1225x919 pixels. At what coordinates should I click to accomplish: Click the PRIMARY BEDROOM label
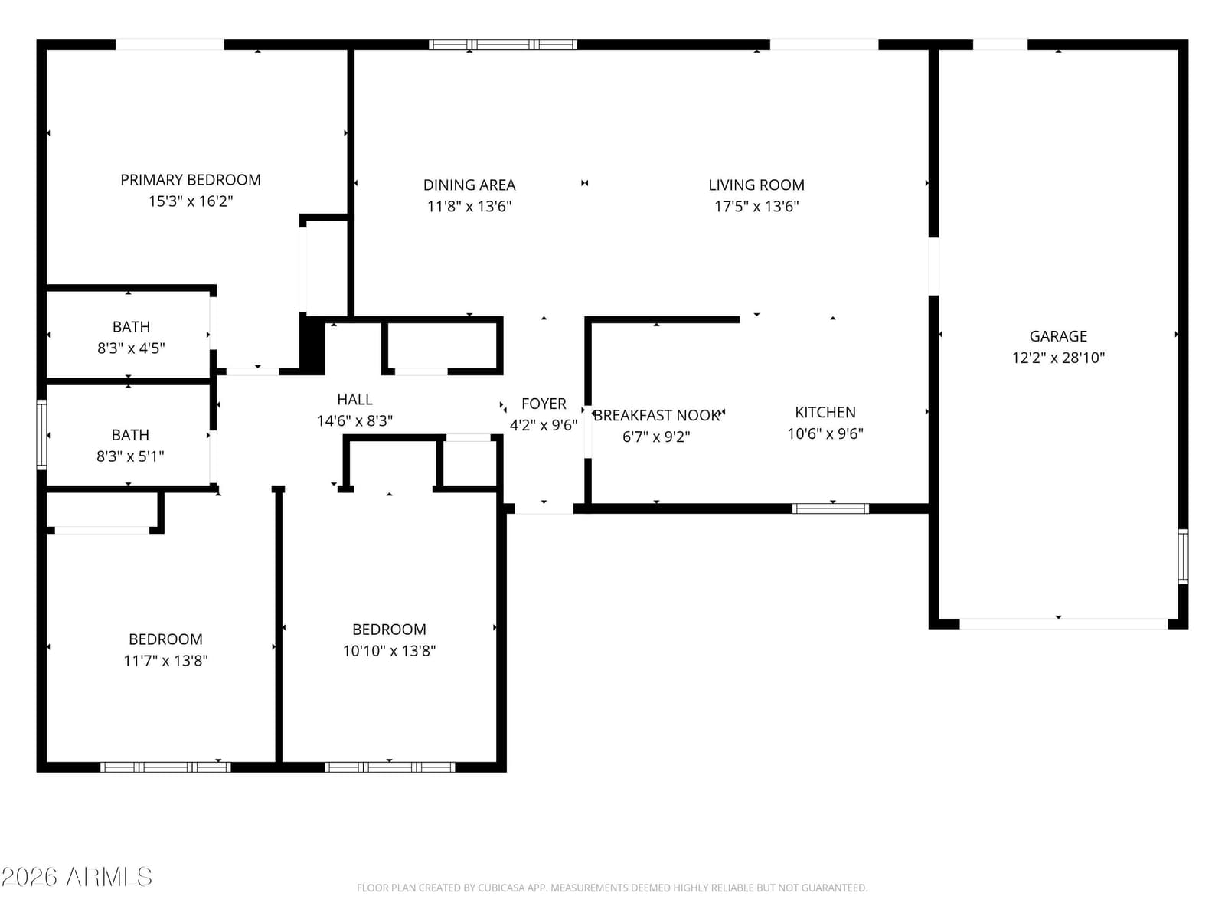(191, 180)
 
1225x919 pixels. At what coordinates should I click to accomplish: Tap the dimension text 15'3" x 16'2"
(191, 201)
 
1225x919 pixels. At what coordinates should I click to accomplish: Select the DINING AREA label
(469, 185)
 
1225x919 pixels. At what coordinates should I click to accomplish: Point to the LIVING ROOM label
(756, 185)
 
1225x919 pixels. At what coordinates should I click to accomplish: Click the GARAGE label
(1058, 336)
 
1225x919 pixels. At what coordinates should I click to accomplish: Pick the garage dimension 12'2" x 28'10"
(1058, 357)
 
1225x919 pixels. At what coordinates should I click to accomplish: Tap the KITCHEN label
(825, 412)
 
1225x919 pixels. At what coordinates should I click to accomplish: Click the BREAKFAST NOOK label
(656, 415)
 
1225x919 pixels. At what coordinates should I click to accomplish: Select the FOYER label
(544, 404)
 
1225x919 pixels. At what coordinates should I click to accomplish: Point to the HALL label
(354, 399)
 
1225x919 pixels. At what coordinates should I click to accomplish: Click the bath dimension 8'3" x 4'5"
(131, 348)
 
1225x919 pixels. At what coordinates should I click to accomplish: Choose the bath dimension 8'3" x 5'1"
(130, 456)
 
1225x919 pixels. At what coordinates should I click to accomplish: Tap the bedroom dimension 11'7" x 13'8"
(165, 661)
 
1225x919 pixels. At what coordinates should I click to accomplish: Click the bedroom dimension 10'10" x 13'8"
(389, 651)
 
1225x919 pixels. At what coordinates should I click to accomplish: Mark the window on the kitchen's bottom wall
(830, 509)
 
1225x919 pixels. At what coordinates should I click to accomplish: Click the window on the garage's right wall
(1183, 556)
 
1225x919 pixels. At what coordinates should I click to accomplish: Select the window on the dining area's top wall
(502, 44)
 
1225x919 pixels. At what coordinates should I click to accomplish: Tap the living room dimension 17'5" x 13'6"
(756, 207)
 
